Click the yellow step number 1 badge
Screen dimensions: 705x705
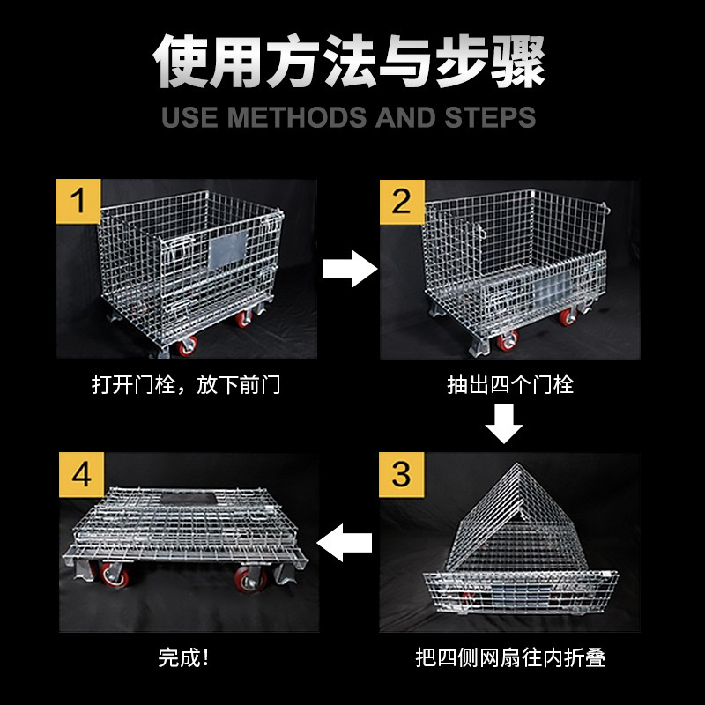[78, 202]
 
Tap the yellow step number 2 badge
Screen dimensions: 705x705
[401, 202]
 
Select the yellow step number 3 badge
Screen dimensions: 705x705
[401, 474]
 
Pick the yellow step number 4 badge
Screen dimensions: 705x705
[81, 475]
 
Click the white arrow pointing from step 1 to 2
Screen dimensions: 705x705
[349, 268]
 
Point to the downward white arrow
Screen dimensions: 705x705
[504, 423]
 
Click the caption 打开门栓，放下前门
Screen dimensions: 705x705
[186, 385]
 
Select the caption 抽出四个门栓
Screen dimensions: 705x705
[510, 385]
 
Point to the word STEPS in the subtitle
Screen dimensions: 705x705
[491, 117]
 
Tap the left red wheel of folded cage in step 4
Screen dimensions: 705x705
[113, 577]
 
